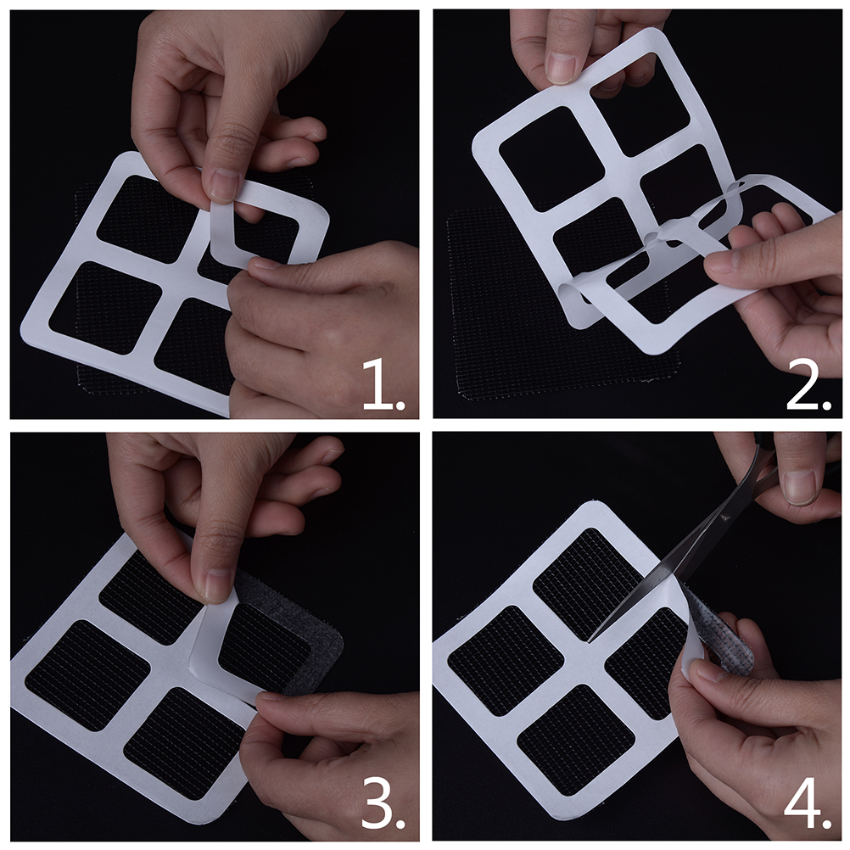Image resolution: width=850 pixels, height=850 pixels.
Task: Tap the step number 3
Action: [383, 808]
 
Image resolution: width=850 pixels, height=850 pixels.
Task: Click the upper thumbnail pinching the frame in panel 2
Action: [560, 67]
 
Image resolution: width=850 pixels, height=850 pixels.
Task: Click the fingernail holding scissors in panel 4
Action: [800, 486]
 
